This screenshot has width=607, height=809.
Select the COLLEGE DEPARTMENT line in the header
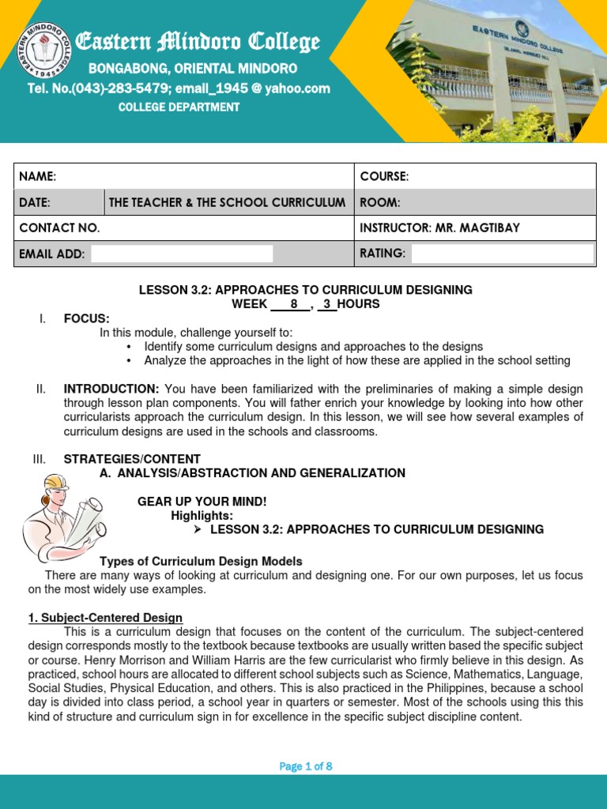pos(179,107)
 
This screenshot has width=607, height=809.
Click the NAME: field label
pos(38,176)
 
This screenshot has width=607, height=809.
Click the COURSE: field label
pos(384,176)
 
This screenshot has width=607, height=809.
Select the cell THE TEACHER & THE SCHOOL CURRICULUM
pos(227,202)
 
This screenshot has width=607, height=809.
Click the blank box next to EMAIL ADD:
pos(182,254)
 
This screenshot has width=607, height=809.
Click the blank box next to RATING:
pos(502,254)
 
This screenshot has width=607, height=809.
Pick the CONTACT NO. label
pos(59,228)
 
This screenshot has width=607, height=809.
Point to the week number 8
pos(294,304)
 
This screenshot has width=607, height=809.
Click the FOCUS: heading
pos(86,318)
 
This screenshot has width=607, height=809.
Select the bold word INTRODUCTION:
pos(111,389)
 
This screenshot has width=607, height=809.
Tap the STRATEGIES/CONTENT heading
pos(132,459)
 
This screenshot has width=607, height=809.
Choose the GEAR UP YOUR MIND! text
pos(202,502)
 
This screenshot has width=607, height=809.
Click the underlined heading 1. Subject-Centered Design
pos(105,618)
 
